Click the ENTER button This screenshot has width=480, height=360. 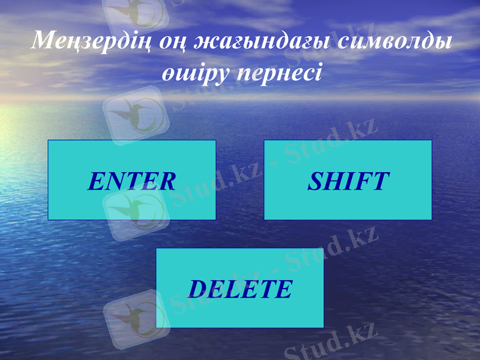131,180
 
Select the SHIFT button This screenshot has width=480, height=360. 348,180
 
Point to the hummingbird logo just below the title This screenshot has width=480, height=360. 136,111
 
